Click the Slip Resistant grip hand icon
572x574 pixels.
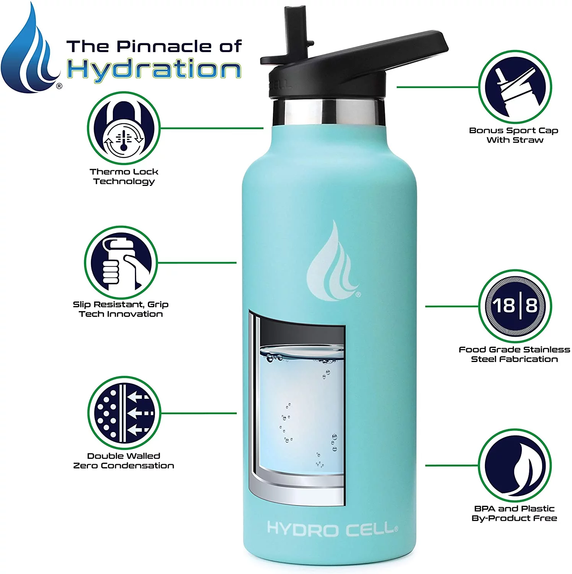coord(121,263)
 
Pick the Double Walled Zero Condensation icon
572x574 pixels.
coord(124,413)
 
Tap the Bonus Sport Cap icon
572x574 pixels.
coord(515,87)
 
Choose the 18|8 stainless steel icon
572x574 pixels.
coord(515,306)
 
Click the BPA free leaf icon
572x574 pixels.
coord(515,465)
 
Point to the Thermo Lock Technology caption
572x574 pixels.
coord(124,176)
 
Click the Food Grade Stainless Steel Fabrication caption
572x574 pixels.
coord(514,354)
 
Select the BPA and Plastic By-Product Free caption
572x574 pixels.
coord(514,514)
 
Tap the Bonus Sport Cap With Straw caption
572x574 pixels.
coord(514,135)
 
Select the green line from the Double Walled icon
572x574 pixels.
coord(198,413)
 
